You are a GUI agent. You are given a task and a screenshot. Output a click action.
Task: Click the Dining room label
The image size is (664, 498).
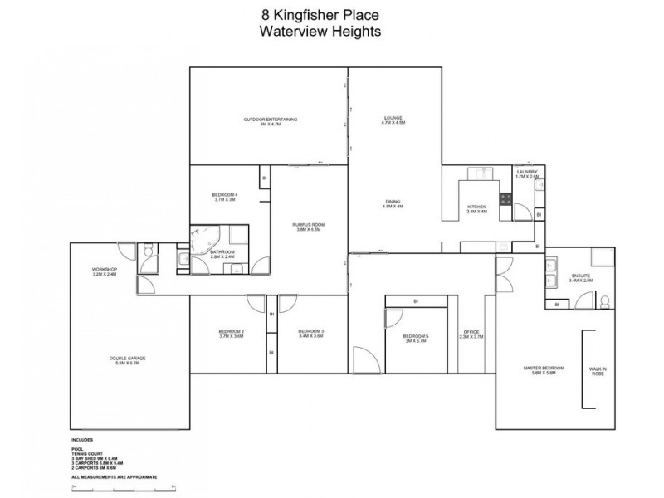point(393,204)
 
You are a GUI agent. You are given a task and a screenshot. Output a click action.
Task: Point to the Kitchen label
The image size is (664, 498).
point(476,208)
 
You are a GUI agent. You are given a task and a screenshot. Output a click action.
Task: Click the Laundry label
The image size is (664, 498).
point(527,173)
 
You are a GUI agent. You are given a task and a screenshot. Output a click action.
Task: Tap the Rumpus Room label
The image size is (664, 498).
point(308,227)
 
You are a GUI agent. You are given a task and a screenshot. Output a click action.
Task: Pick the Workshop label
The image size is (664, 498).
point(105,271)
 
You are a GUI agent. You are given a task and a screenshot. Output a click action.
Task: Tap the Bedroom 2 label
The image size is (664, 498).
point(231,334)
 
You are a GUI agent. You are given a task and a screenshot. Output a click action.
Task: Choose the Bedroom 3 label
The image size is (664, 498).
point(310,334)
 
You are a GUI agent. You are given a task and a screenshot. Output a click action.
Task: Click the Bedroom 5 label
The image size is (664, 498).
point(415,338)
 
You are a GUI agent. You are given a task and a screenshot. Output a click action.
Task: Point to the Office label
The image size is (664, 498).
point(471,334)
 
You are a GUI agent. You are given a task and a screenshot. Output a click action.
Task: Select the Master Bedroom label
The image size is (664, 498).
point(544,371)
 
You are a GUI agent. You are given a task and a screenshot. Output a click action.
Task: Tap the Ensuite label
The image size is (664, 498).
point(581,278)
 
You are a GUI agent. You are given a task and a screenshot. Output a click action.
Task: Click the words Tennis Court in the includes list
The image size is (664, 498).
point(85,452)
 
